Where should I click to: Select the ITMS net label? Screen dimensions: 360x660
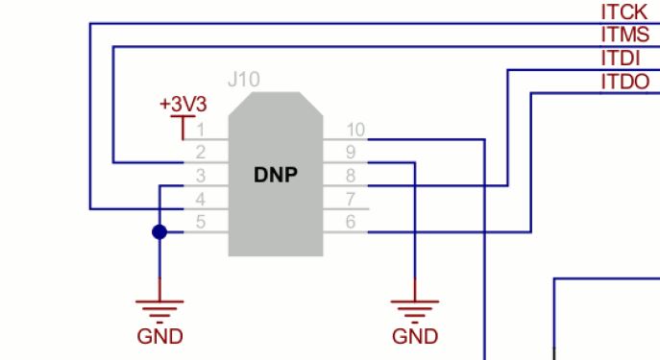(624, 35)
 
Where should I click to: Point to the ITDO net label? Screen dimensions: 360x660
(624, 81)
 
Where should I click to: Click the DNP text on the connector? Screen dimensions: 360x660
(276, 175)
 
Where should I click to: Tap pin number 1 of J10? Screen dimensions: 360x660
(201, 130)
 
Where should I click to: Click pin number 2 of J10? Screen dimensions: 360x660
(201, 153)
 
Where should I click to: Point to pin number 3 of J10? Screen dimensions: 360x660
(201, 176)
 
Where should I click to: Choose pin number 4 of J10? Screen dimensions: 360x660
(201, 199)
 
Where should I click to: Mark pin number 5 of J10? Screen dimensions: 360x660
(201, 222)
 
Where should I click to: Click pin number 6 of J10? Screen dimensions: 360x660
(351, 222)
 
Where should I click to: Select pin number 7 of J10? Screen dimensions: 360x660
(351, 199)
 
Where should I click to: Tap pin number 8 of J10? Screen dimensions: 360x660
(351, 176)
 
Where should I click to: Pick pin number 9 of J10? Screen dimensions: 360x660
(351, 153)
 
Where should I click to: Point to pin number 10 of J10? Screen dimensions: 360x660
(354, 130)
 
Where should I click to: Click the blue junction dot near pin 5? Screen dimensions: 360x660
(159, 232)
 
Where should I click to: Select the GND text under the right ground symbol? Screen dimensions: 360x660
(415, 337)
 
